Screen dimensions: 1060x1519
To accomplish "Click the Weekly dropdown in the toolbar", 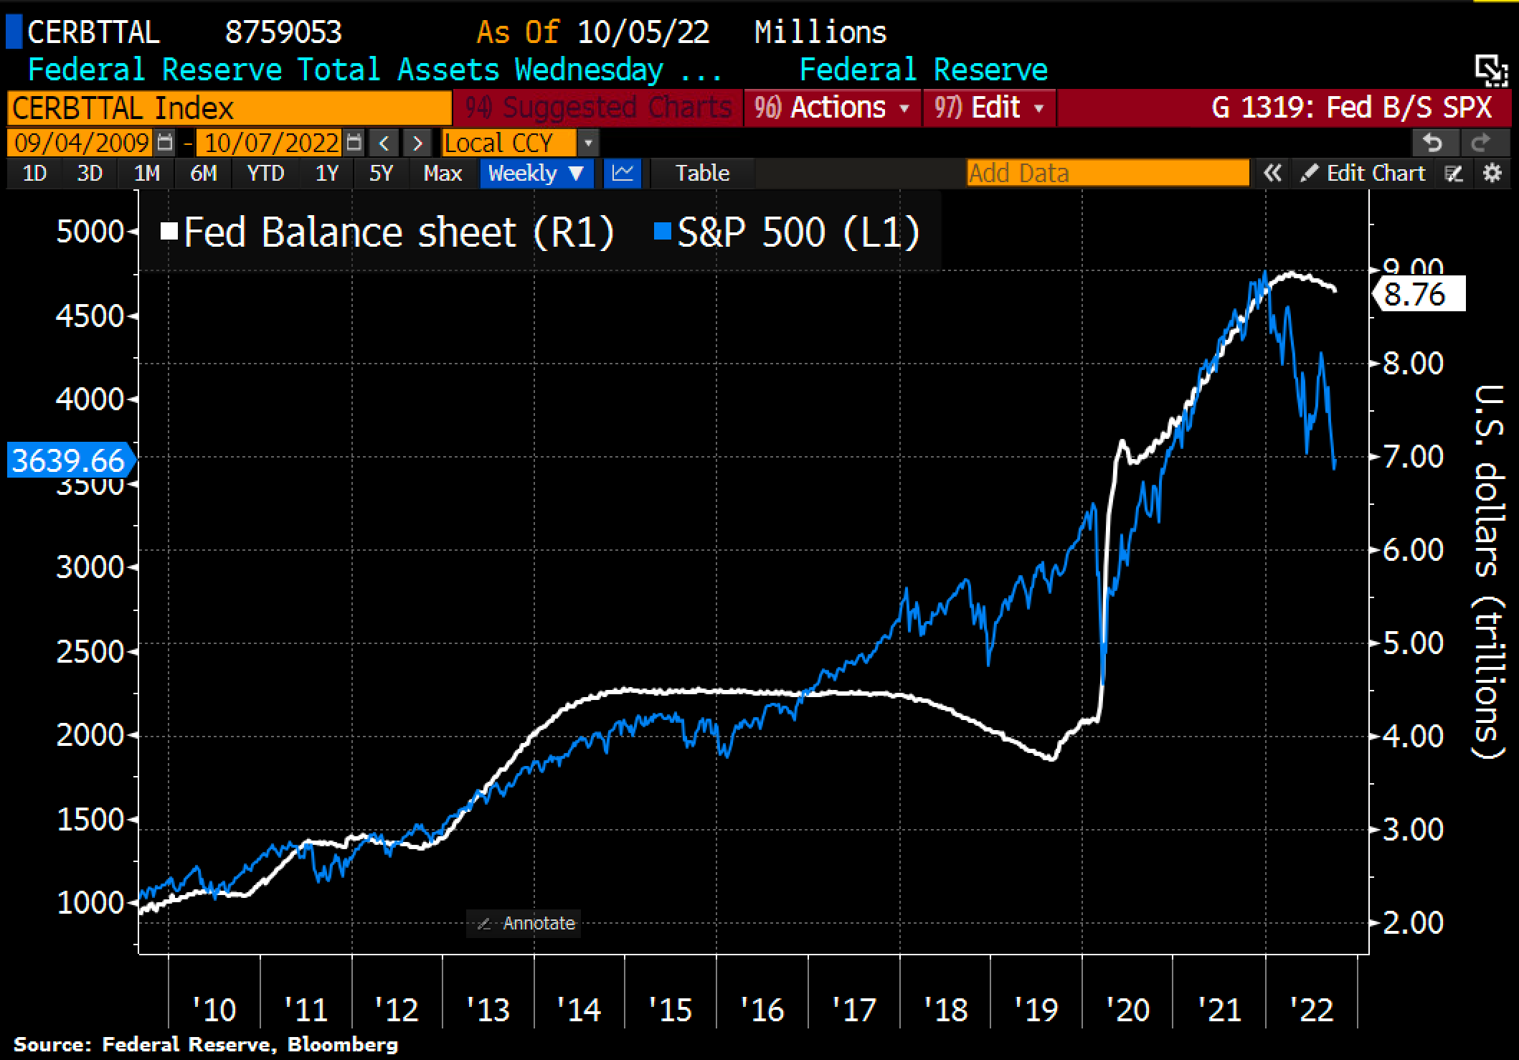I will click(536, 174).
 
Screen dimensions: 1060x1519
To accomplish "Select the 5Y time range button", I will click(381, 174).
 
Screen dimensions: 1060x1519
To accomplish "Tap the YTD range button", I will click(265, 174).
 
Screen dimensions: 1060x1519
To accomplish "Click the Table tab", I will click(702, 174).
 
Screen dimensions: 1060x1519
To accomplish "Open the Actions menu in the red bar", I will click(832, 108).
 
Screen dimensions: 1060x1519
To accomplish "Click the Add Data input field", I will click(1107, 174).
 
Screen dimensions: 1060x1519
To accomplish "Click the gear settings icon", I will click(1492, 174).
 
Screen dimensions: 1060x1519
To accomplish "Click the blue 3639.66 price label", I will click(69, 460).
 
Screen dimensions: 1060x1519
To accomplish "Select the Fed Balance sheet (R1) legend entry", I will click(388, 232).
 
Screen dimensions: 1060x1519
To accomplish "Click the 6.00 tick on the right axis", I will click(1413, 550).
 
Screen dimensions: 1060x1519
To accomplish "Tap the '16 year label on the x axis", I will click(762, 1010).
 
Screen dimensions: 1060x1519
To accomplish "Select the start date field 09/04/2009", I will click(81, 143).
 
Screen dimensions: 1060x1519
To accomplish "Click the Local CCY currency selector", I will click(509, 143).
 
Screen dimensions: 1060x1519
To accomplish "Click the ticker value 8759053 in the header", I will click(283, 32).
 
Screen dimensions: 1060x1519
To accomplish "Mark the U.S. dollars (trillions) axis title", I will click(1489, 571).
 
